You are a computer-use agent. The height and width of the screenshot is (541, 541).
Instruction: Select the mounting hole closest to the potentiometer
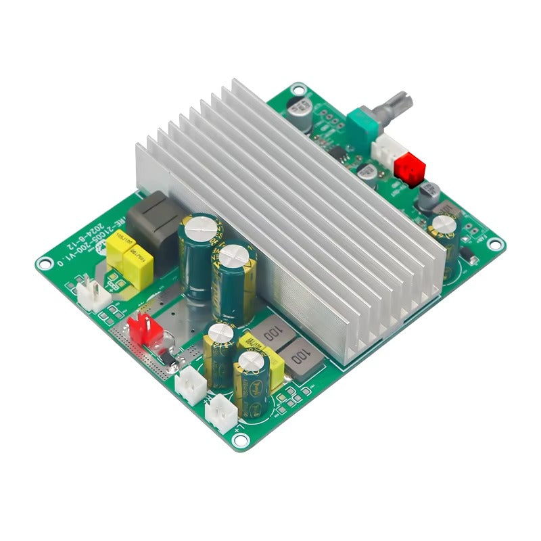pyautogui.click(x=297, y=88)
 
